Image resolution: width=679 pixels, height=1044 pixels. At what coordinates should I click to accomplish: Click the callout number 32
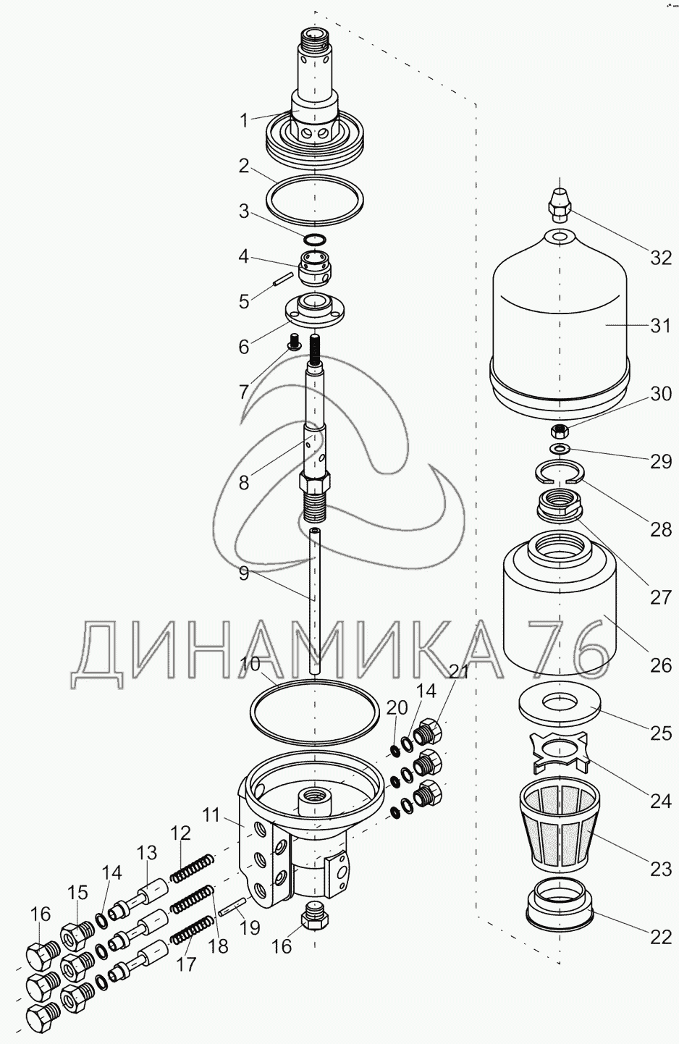click(661, 257)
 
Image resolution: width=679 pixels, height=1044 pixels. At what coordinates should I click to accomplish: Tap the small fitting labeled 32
click(560, 204)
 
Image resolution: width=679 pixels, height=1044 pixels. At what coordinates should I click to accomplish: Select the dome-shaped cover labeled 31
click(560, 326)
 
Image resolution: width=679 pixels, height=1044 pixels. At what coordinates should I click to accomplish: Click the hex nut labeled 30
click(558, 431)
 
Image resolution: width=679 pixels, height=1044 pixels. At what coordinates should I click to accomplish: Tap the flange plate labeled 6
click(314, 311)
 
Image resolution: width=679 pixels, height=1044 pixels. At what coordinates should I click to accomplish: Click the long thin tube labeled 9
click(315, 601)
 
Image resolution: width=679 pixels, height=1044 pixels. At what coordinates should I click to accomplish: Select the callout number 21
click(460, 671)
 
